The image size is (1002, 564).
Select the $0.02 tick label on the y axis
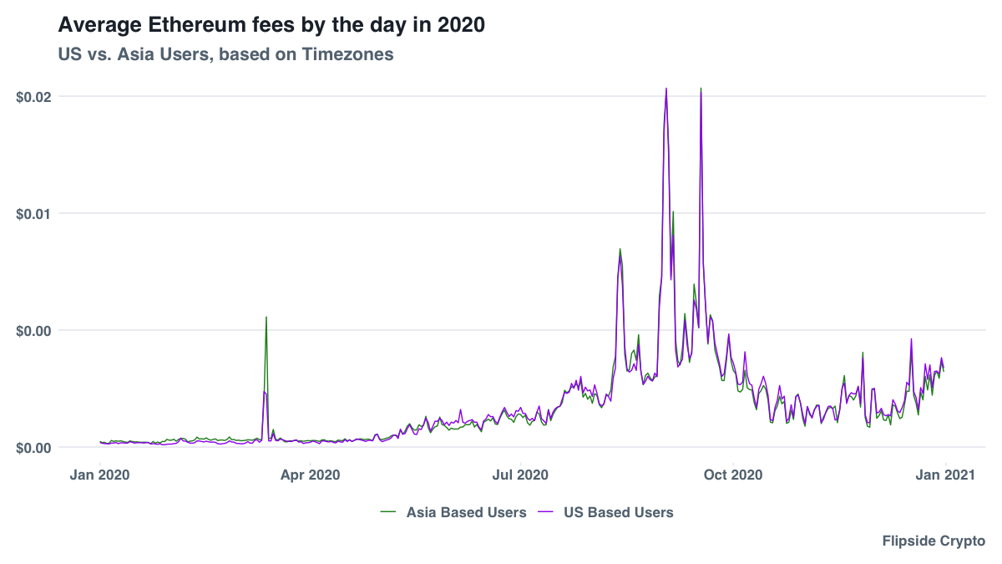click(33, 96)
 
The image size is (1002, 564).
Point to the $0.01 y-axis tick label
click(33, 213)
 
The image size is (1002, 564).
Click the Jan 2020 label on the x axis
click(100, 475)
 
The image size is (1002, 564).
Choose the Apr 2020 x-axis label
click(310, 475)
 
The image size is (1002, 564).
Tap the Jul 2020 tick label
click(520, 475)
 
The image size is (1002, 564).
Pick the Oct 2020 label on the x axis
click(732, 475)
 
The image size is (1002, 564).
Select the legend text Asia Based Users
click(466, 512)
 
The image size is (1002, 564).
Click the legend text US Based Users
click(618, 512)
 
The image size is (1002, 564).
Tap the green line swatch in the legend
click(387, 511)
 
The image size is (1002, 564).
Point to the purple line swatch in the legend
click(545, 511)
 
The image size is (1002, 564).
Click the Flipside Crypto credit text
click(934, 541)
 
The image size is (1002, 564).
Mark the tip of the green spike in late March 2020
click(266, 318)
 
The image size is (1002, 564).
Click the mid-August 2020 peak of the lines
click(620, 249)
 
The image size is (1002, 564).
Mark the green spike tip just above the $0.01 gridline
click(673, 211)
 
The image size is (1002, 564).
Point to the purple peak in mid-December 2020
click(911, 339)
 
